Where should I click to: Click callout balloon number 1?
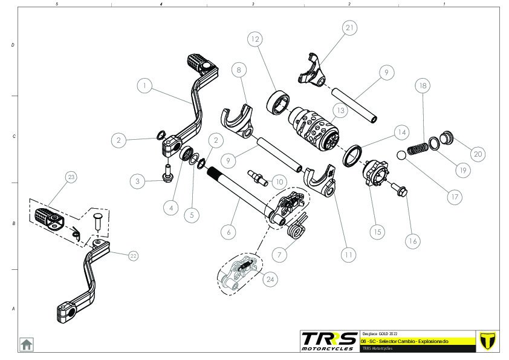point(144,86)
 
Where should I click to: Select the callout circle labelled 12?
point(254,39)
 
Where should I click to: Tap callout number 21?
point(349,28)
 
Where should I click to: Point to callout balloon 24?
point(269,278)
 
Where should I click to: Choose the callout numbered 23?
point(71,177)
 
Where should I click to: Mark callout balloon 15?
point(378,231)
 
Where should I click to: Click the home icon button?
point(26,344)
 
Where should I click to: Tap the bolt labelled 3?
point(167,172)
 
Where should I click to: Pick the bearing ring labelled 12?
point(279,101)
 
